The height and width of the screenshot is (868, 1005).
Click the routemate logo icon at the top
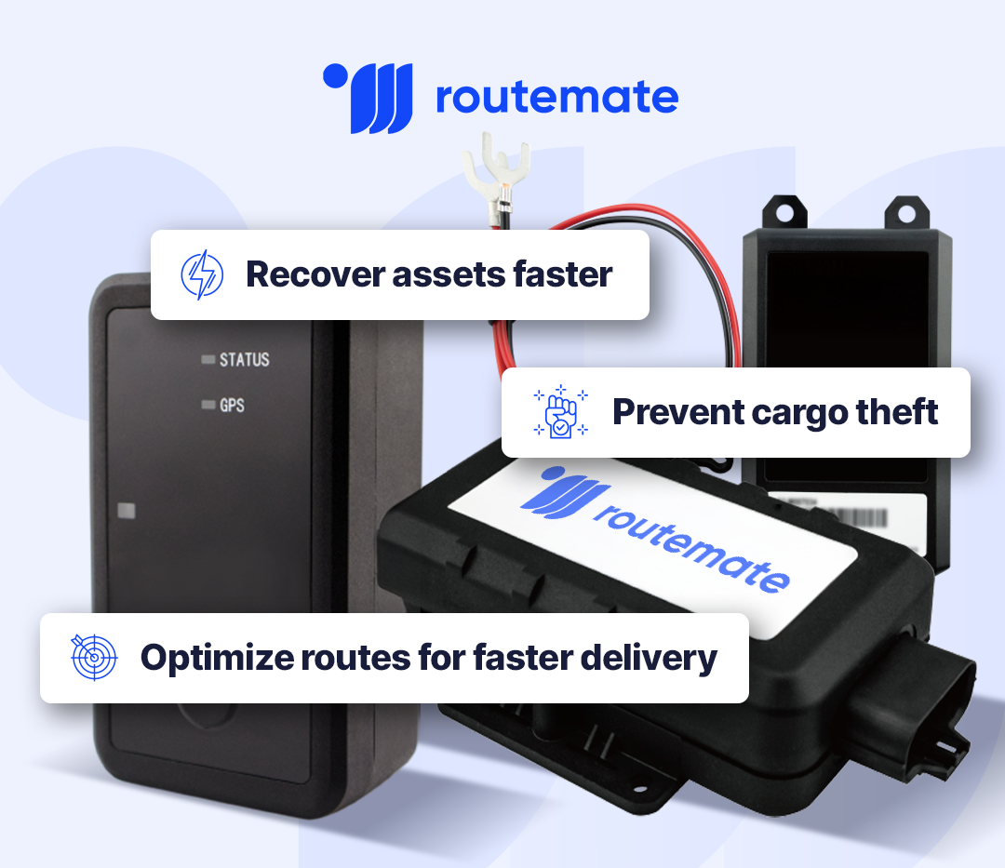tap(368, 98)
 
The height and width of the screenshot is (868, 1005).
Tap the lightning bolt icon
tap(202, 275)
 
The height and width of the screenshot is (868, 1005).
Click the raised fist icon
tap(560, 412)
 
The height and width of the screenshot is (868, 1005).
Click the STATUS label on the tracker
tap(244, 360)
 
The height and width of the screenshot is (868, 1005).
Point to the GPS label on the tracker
tap(232, 406)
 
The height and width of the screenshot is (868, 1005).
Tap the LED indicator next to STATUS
tap(208, 360)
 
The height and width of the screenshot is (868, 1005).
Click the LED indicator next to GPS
tap(208, 406)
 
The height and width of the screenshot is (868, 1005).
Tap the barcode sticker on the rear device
tap(876, 515)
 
